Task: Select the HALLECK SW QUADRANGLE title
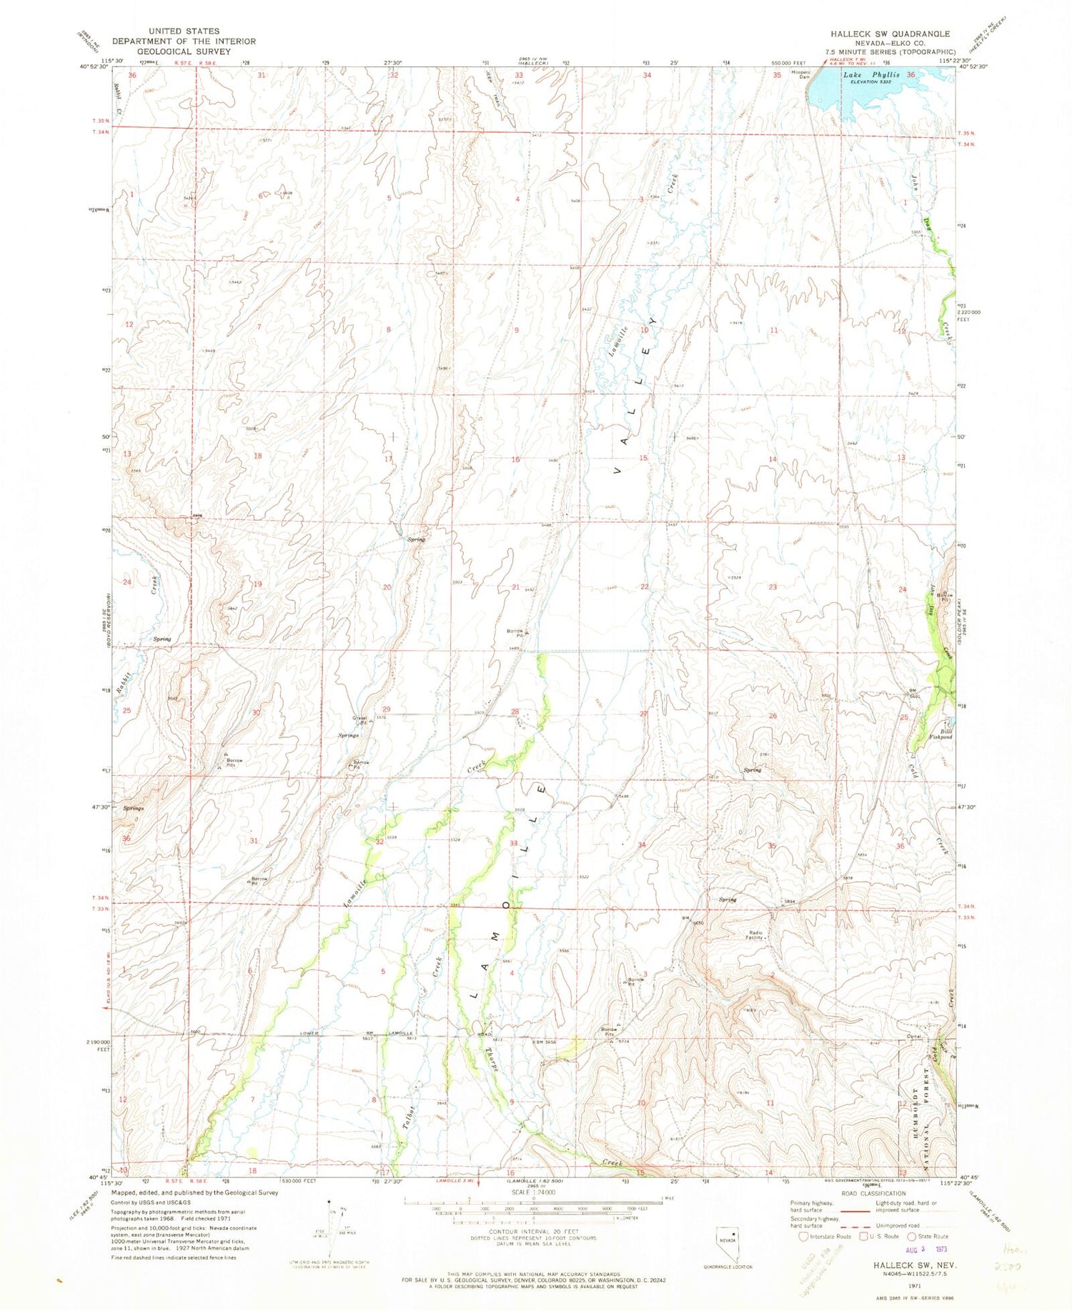point(890,34)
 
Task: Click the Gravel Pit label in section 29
point(359,719)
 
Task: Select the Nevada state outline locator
point(730,1240)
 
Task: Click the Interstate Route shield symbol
point(803,1236)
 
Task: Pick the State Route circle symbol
point(912,1236)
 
